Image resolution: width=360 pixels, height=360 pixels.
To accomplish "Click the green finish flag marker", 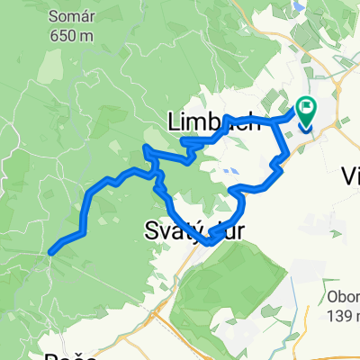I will (x=306, y=112).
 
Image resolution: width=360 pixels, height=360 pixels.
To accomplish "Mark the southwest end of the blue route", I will (x=50, y=253).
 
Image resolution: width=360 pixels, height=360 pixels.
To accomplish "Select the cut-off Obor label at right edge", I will (x=343, y=297).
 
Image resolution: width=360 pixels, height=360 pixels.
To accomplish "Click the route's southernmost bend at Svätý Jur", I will (x=211, y=241).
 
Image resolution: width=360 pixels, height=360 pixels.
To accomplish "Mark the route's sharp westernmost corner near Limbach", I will (x=147, y=146).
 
